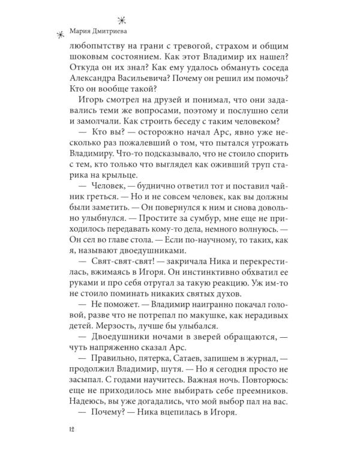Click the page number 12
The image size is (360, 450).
(73, 430)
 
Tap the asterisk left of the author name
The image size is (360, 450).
(59, 37)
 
